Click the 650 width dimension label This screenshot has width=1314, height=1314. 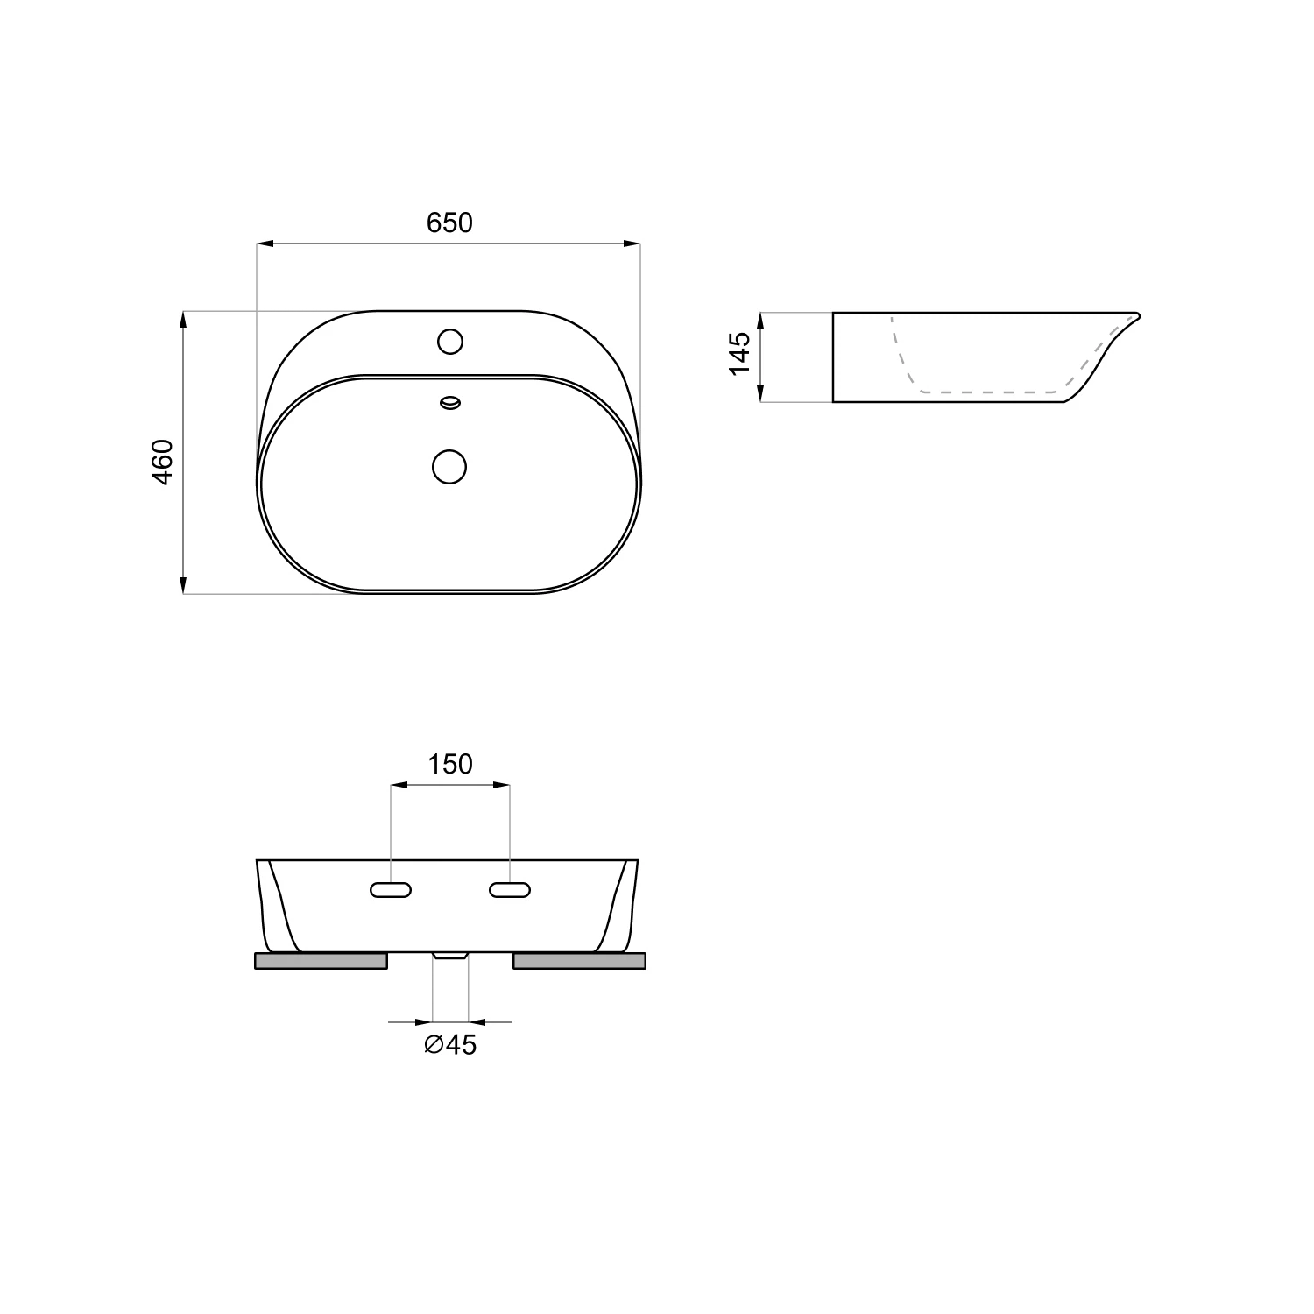(x=449, y=223)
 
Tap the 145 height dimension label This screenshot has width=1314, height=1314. (x=740, y=352)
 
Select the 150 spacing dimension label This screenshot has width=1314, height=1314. (x=450, y=765)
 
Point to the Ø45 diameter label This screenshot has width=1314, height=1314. (x=450, y=1044)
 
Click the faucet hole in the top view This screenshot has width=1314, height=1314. (x=450, y=341)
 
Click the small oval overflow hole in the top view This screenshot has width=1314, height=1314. (x=450, y=403)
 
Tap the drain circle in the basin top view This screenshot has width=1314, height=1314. (x=449, y=466)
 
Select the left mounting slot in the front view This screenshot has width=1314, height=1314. (x=391, y=890)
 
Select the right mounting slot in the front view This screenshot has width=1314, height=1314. (x=510, y=890)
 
